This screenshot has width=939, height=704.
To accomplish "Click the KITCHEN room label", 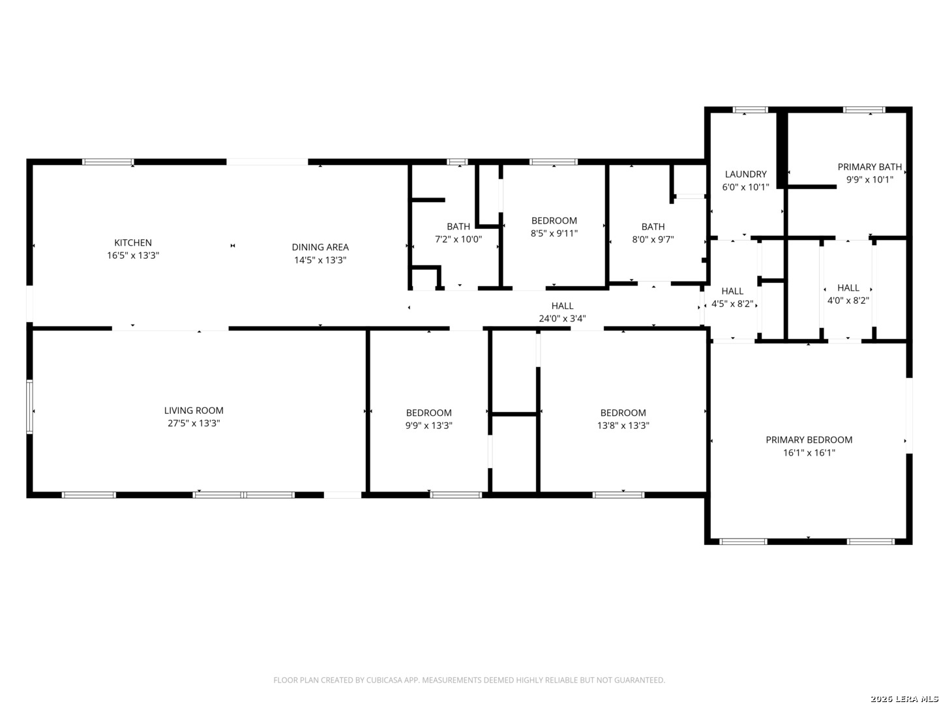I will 133,242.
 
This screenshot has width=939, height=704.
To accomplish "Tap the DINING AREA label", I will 320,247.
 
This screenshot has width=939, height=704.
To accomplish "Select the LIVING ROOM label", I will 194,411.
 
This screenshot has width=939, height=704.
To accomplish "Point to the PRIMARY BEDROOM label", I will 809,440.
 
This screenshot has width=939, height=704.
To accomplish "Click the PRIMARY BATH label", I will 869,167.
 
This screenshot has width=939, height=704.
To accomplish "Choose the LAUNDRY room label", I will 745,174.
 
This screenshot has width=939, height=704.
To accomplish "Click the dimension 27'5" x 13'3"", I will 194,424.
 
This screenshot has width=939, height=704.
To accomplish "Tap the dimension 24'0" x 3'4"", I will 562,319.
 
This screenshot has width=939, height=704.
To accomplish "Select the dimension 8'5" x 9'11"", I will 554,233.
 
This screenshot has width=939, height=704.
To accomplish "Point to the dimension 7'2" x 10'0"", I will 458,239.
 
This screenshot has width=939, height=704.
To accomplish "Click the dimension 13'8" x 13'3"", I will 623,426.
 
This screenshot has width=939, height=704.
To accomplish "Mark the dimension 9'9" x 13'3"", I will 428,426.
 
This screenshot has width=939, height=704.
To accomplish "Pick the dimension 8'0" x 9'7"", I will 653,239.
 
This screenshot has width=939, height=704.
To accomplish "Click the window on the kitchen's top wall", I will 108,162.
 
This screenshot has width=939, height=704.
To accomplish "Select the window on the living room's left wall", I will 29,407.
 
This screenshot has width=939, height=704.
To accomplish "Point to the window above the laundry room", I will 750,110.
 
